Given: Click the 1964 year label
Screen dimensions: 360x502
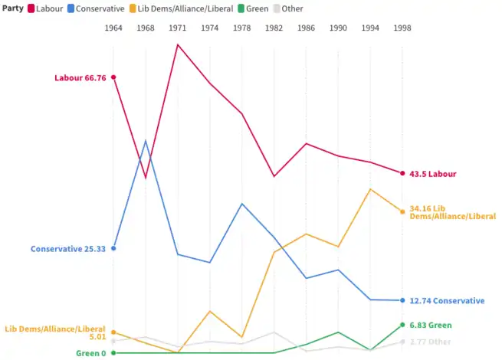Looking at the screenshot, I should (113, 28).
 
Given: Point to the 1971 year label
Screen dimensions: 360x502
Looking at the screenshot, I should (178, 28).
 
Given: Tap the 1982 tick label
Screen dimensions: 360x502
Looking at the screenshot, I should (274, 28).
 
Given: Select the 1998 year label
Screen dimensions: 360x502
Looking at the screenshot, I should (402, 28).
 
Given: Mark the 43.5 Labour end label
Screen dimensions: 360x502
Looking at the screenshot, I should (433, 174).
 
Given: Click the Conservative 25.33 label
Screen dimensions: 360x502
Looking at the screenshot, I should (68, 249).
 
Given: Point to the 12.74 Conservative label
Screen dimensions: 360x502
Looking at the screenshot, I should (447, 301).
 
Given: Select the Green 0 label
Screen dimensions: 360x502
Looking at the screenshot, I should (91, 353).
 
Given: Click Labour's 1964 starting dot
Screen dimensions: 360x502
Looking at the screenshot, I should (113, 77).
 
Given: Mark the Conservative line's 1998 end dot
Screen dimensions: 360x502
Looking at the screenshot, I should (402, 300).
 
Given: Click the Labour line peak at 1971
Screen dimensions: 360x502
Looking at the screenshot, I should (178, 44).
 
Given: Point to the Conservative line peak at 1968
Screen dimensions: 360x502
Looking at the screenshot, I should (146, 141).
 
